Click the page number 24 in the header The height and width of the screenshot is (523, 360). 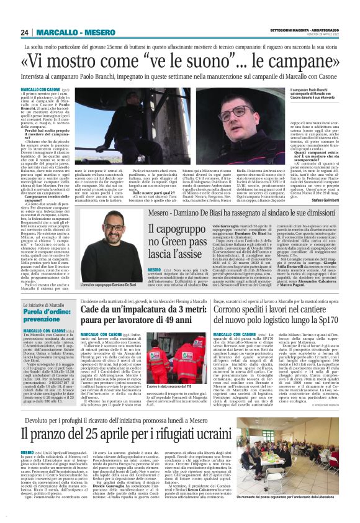click(25, 32)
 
